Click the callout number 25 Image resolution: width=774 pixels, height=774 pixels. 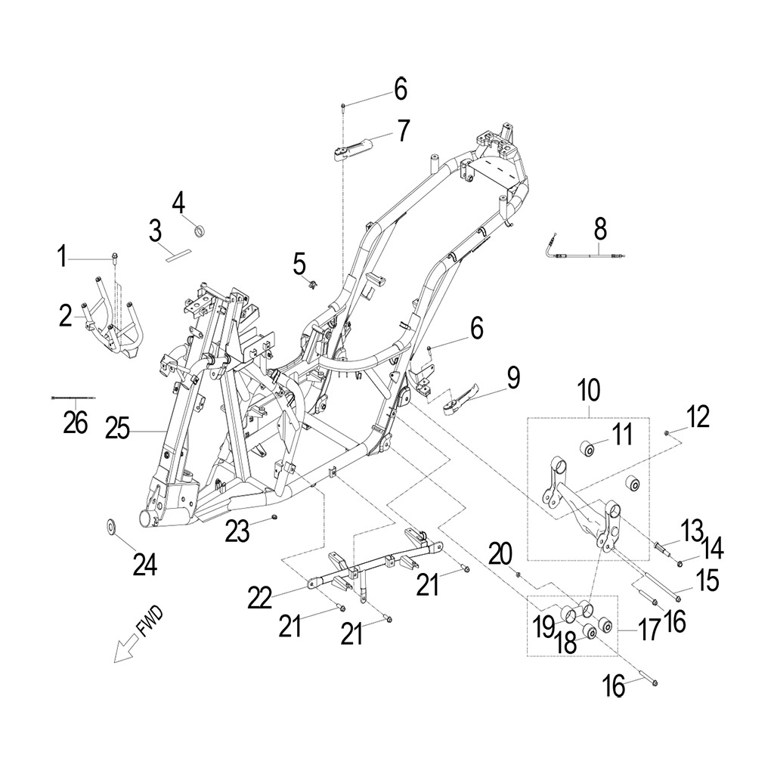(x=117, y=429)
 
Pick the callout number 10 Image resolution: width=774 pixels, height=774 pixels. (x=589, y=391)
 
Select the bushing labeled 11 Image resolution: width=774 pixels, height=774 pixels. (x=587, y=450)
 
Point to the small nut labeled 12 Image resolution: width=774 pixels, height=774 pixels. (x=667, y=433)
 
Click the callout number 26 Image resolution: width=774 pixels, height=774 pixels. (x=76, y=423)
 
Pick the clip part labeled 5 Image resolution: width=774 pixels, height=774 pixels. (x=312, y=284)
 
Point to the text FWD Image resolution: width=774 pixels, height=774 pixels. (x=149, y=623)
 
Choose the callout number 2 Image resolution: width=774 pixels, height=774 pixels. (x=65, y=317)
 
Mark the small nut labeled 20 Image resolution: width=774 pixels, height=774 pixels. (x=519, y=574)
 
